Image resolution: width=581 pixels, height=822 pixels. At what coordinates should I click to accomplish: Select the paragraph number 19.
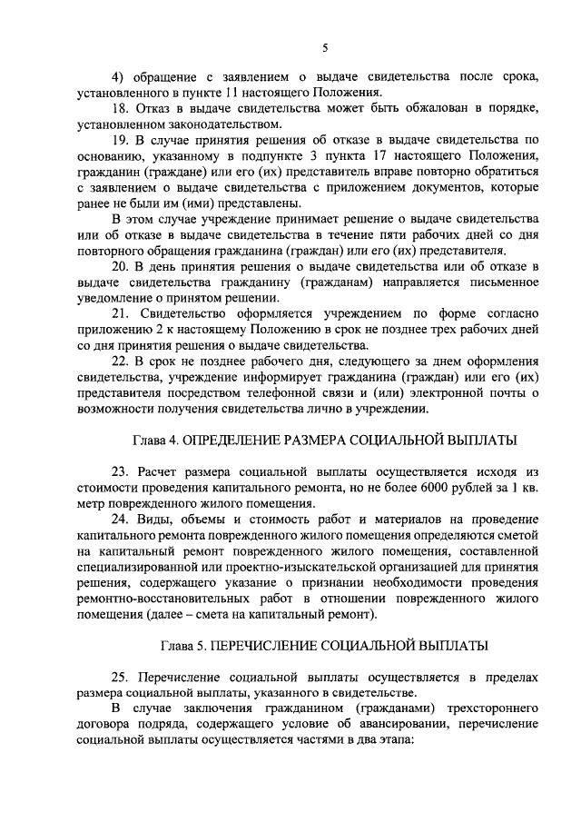tap(118, 140)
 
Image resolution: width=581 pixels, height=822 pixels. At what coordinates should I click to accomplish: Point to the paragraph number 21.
tap(118, 313)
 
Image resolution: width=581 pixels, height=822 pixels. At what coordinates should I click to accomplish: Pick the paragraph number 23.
tap(118, 473)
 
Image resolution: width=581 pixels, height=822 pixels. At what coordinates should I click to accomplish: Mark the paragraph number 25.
tap(118, 678)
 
